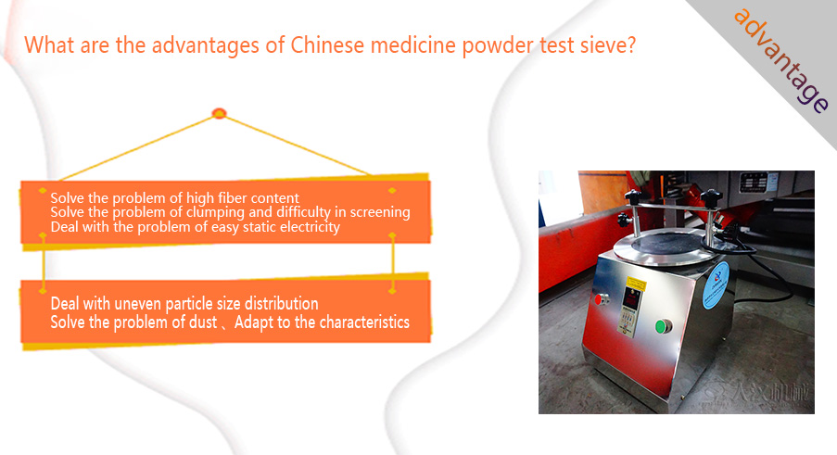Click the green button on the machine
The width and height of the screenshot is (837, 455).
point(663,326)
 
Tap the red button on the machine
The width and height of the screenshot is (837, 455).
point(600,299)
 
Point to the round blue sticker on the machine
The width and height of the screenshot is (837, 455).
point(717,284)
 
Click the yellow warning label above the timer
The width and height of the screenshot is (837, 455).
point(635,284)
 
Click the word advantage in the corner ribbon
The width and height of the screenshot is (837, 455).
point(781,60)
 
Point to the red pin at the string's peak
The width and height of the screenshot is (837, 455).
point(220,113)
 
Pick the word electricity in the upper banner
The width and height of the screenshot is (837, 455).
point(310,228)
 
